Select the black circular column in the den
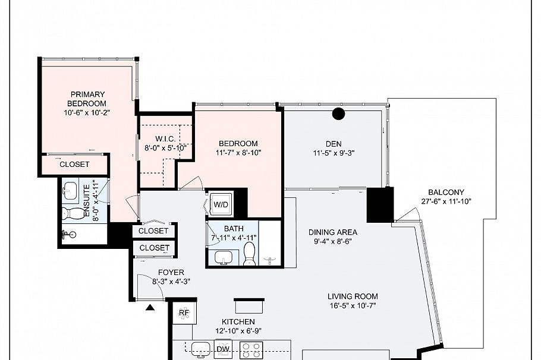[x=338, y=113]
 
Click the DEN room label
[x=334, y=143]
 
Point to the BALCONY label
[x=446, y=192]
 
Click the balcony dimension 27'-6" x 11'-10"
[x=446, y=201]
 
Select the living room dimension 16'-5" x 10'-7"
[x=353, y=306]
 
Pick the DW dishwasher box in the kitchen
[x=223, y=349]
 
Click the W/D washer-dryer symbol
[x=221, y=205]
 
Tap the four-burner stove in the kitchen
[x=251, y=350]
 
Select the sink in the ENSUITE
[x=71, y=190]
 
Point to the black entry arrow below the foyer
[x=150, y=307]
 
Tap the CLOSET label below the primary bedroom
[x=74, y=164]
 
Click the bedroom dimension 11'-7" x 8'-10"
[x=238, y=153]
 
